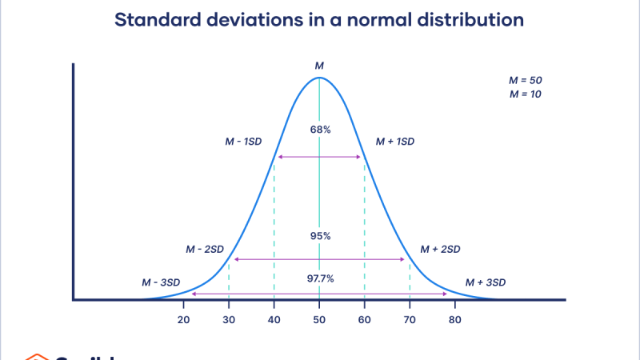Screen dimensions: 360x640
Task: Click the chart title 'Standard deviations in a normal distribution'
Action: coord(319,20)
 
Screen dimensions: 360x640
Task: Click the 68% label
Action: coord(319,130)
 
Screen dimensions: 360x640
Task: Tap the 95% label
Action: coord(319,236)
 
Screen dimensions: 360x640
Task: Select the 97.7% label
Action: coord(319,278)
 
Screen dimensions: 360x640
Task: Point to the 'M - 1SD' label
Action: coord(244,142)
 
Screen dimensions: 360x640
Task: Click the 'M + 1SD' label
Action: coord(395,142)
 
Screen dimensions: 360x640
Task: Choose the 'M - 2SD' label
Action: coord(205,249)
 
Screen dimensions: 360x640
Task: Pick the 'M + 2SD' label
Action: coord(441,249)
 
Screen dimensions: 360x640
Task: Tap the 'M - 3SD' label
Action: coord(161,282)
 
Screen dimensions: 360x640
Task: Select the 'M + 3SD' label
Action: coord(486,282)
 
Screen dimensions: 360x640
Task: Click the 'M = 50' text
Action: coord(525,81)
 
